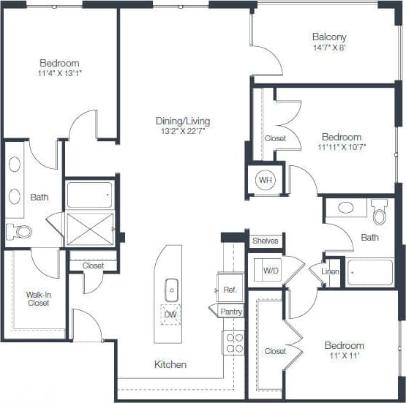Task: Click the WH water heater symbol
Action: click(x=264, y=179)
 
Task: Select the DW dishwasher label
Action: click(x=170, y=315)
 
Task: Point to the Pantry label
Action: click(x=231, y=312)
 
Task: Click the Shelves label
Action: click(x=265, y=241)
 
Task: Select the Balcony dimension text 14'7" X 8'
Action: click(x=329, y=49)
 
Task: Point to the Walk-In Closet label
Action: click(x=38, y=298)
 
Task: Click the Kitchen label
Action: click(x=170, y=364)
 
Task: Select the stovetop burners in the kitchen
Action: click(x=233, y=342)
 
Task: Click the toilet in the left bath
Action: click(x=20, y=232)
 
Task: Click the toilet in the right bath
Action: click(x=379, y=213)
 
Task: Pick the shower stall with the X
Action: click(x=90, y=228)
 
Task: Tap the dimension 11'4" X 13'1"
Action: click(x=60, y=74)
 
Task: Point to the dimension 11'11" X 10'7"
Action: click(x=342, y=147)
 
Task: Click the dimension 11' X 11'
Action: click(x=344, y=356)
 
